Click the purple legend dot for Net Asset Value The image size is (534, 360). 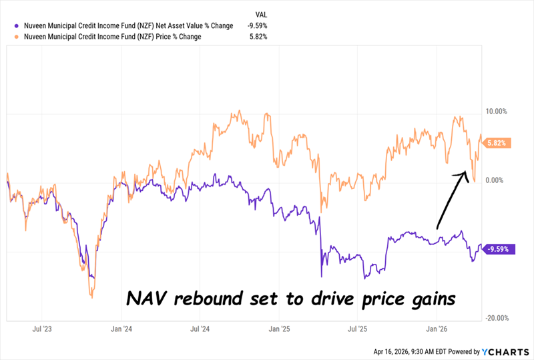(x=9, y=26)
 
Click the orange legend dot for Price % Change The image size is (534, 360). (x=9, y=37)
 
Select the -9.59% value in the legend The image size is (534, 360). (x=258, y=26)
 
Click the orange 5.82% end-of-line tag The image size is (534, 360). (x=497, y=142)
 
